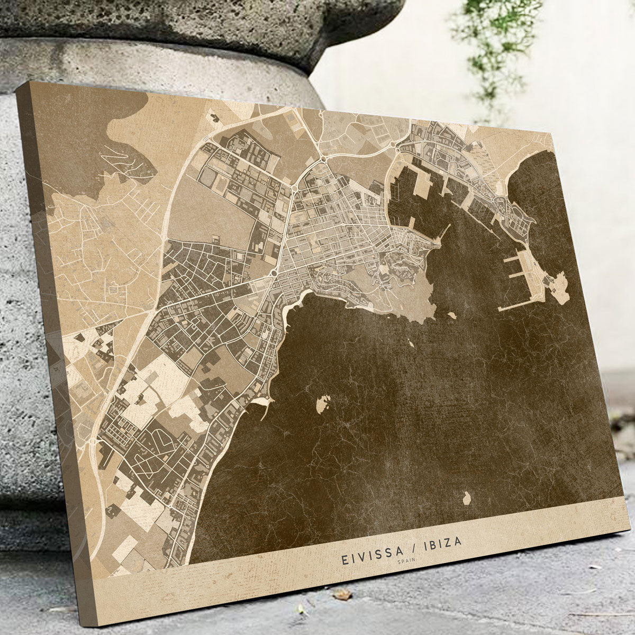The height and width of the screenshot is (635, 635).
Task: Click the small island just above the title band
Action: [467, 498]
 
